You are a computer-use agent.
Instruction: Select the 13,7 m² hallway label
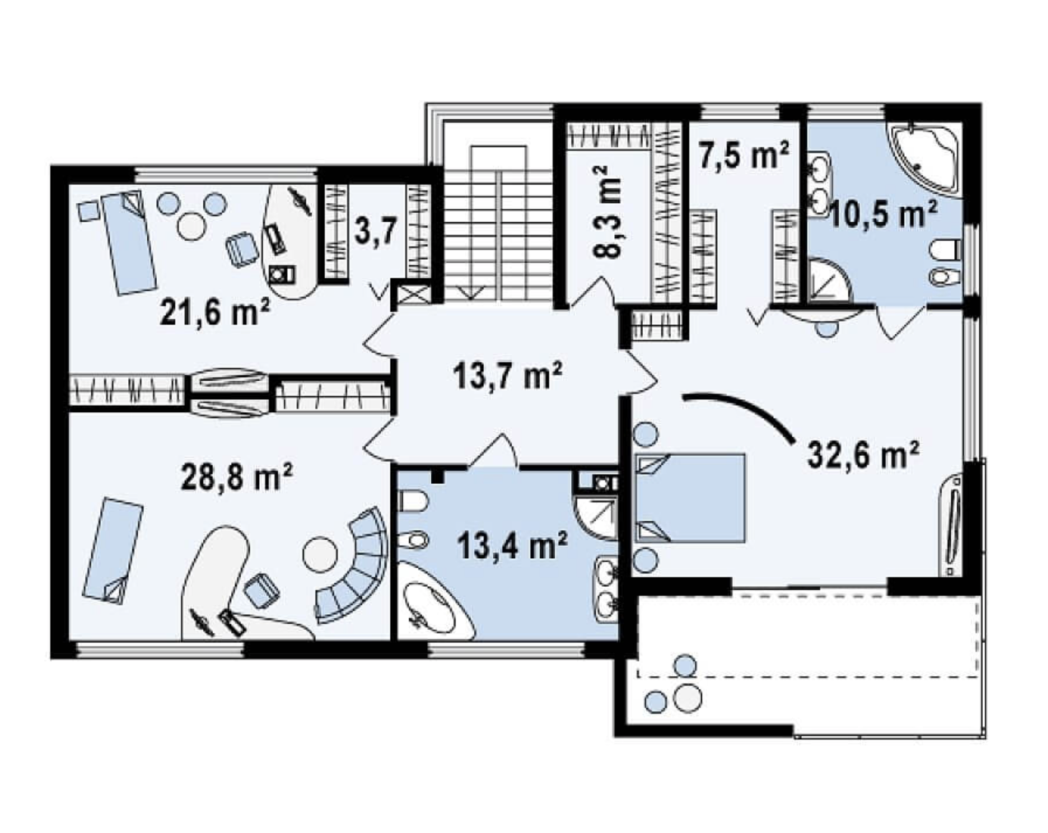click(x=508, y=378)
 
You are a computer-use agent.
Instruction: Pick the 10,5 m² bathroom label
click(x=884, y=215)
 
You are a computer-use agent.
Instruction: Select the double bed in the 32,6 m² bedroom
click(x=691, y=497)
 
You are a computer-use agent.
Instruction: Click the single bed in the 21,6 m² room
click(x=128, y=241)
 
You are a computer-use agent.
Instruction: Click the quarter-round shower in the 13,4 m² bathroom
click(x=595, y=517)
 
